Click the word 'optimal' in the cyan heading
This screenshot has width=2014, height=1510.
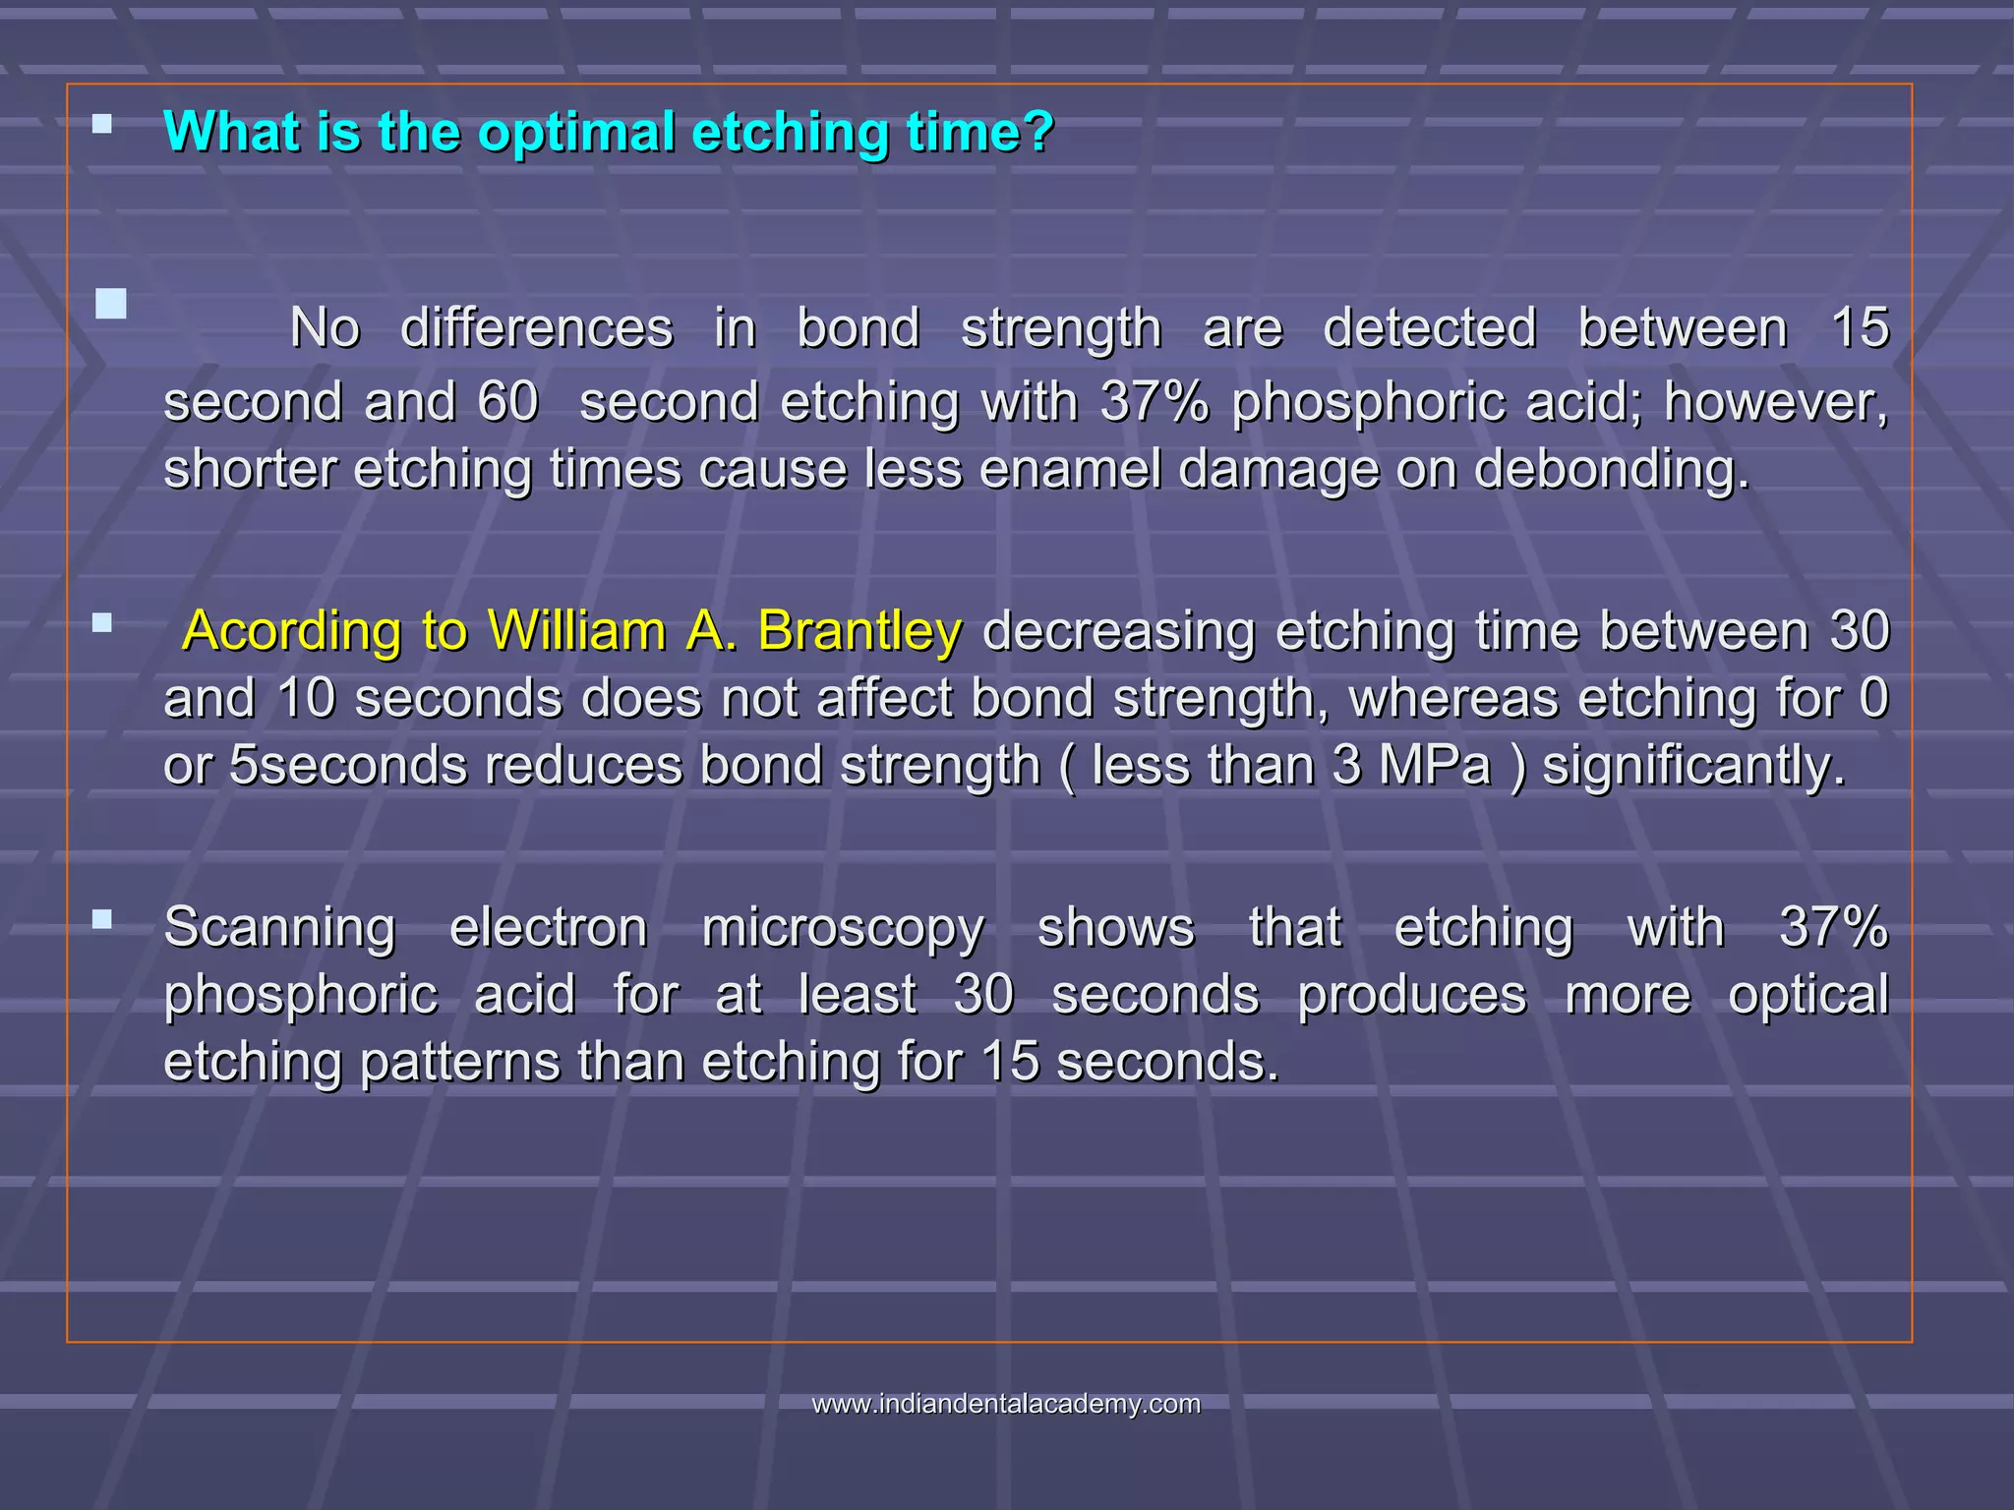[575, 132]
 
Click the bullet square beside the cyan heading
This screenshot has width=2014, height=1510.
[102, 124]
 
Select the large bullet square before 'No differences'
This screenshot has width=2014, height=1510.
[111, 304]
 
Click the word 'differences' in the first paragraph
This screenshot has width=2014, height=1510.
[536, 328]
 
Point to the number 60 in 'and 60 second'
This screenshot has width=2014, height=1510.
[507, 402]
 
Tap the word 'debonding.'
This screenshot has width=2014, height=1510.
[1612, 469]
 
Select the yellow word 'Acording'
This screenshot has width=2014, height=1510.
[292, 631]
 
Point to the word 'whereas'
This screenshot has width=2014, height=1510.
[1453, 699]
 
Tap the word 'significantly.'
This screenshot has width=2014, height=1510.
[1693, 766]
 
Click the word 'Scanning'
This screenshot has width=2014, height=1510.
[279, 928]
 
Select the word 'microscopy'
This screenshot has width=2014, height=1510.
[842, 928]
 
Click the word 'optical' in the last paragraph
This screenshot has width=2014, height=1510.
[1807, 995]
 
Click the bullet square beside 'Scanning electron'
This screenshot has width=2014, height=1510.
[102, 920]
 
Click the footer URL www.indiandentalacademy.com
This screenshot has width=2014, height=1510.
[1006, 1404]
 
